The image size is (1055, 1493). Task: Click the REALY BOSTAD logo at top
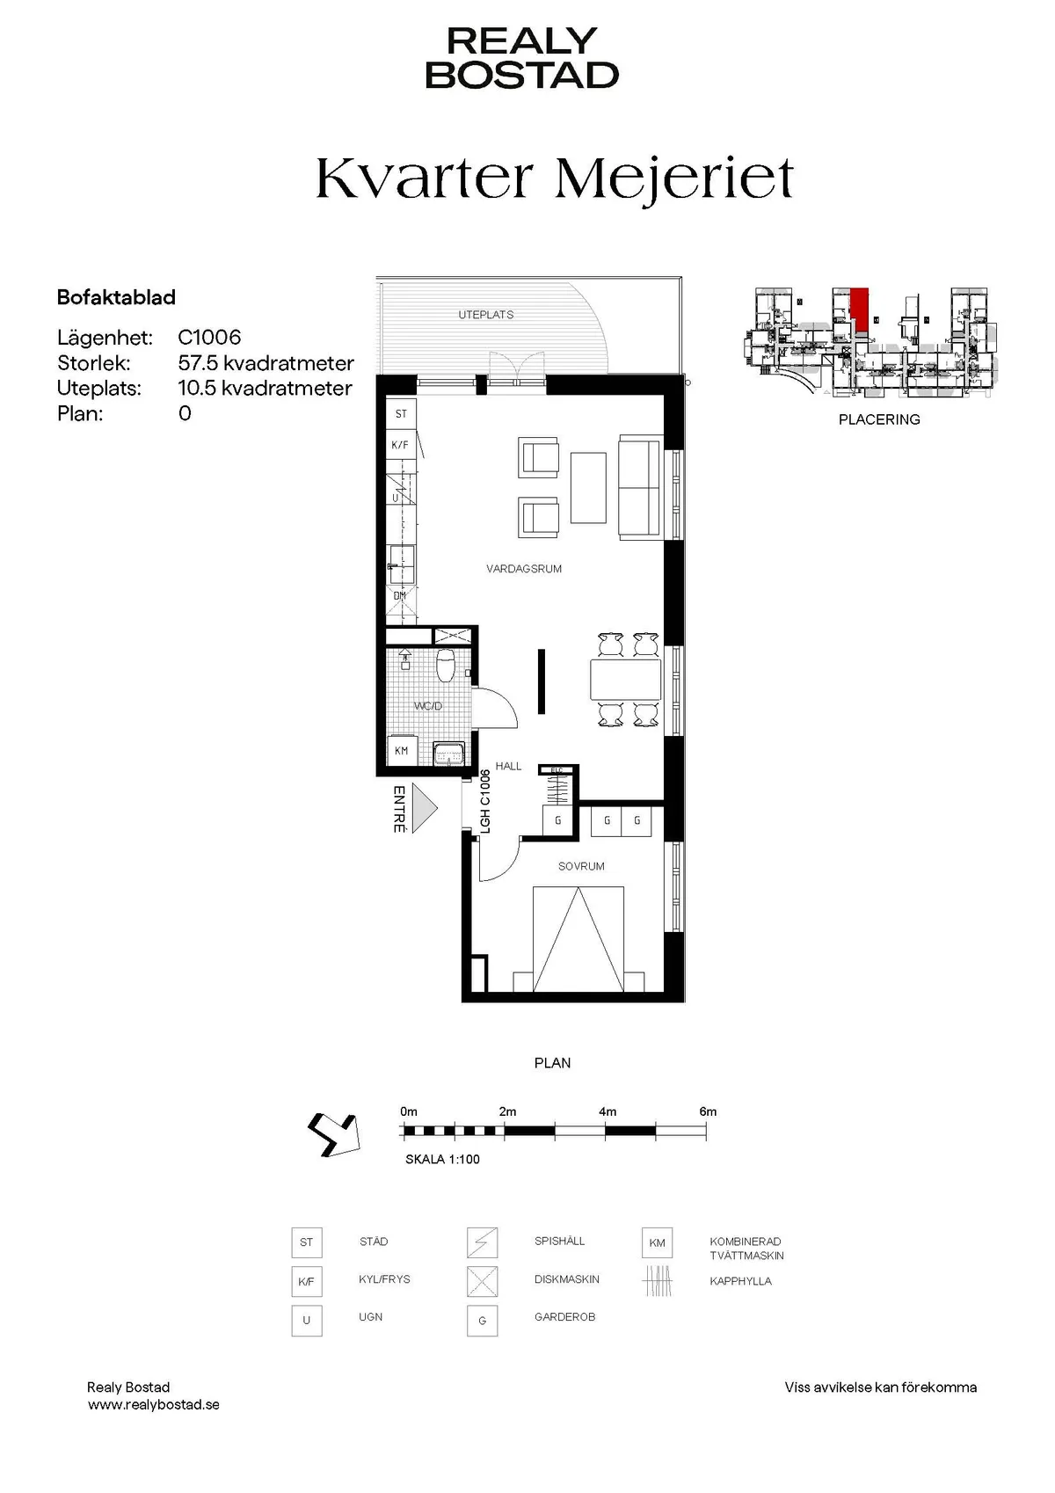[522, 58]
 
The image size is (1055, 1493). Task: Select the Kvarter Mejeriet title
[555, 178]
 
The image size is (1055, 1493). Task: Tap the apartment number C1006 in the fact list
[209, 338]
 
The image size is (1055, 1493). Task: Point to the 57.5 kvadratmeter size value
[266, 363]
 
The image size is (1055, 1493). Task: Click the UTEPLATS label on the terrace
[485, 315]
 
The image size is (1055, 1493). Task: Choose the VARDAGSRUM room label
[524, 569]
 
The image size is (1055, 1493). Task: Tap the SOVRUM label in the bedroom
[581, 866]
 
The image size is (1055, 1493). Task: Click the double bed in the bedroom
[578, 939]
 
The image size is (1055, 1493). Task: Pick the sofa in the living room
[639, 485]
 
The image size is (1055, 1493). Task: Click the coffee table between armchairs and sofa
[588, 487]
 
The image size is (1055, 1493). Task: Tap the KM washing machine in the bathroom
[402, 751]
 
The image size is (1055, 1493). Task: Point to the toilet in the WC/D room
[446, 666]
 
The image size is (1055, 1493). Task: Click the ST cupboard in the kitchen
[401, 413]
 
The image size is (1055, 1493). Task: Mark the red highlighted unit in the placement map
[859, 310]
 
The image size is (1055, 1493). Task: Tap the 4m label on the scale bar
[608, 1111]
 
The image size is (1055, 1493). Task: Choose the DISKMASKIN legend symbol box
[483, 1281]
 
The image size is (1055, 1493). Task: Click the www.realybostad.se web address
[154, 1405]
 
